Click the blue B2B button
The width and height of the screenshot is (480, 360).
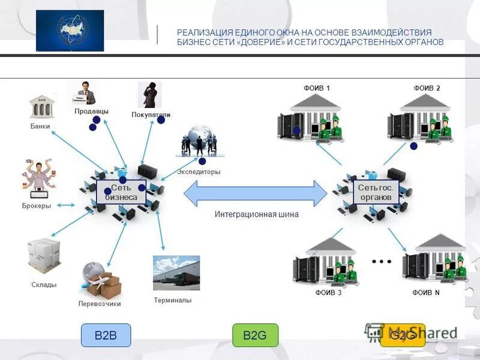[x=106, y=335]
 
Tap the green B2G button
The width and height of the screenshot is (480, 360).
[x=255, y=335]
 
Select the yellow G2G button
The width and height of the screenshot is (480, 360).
[x=402, y=335]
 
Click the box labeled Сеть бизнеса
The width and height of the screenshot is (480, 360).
[x=121, y=193]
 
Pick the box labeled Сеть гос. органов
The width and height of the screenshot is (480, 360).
[x=375, y=193]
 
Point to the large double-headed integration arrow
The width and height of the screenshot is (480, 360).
[x=255, y=193]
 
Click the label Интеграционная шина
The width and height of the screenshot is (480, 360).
[x=256, y=214]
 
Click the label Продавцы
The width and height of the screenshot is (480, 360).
[x=91, y=112]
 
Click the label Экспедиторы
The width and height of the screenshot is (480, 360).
[x=199, y=172]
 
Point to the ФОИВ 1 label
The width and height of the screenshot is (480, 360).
[x=317, y=88]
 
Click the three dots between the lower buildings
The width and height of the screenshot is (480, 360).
[x=381, y=262]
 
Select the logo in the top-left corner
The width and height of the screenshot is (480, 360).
[x=70, y=31]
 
